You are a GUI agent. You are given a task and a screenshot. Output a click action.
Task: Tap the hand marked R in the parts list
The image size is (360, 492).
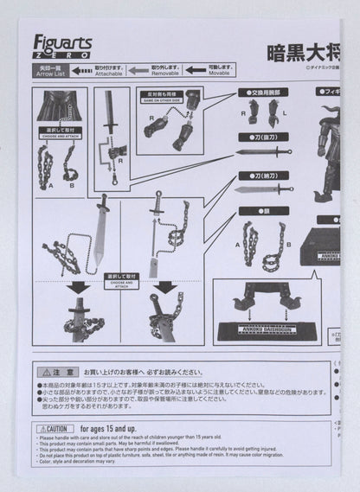click(x=254, y=111)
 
